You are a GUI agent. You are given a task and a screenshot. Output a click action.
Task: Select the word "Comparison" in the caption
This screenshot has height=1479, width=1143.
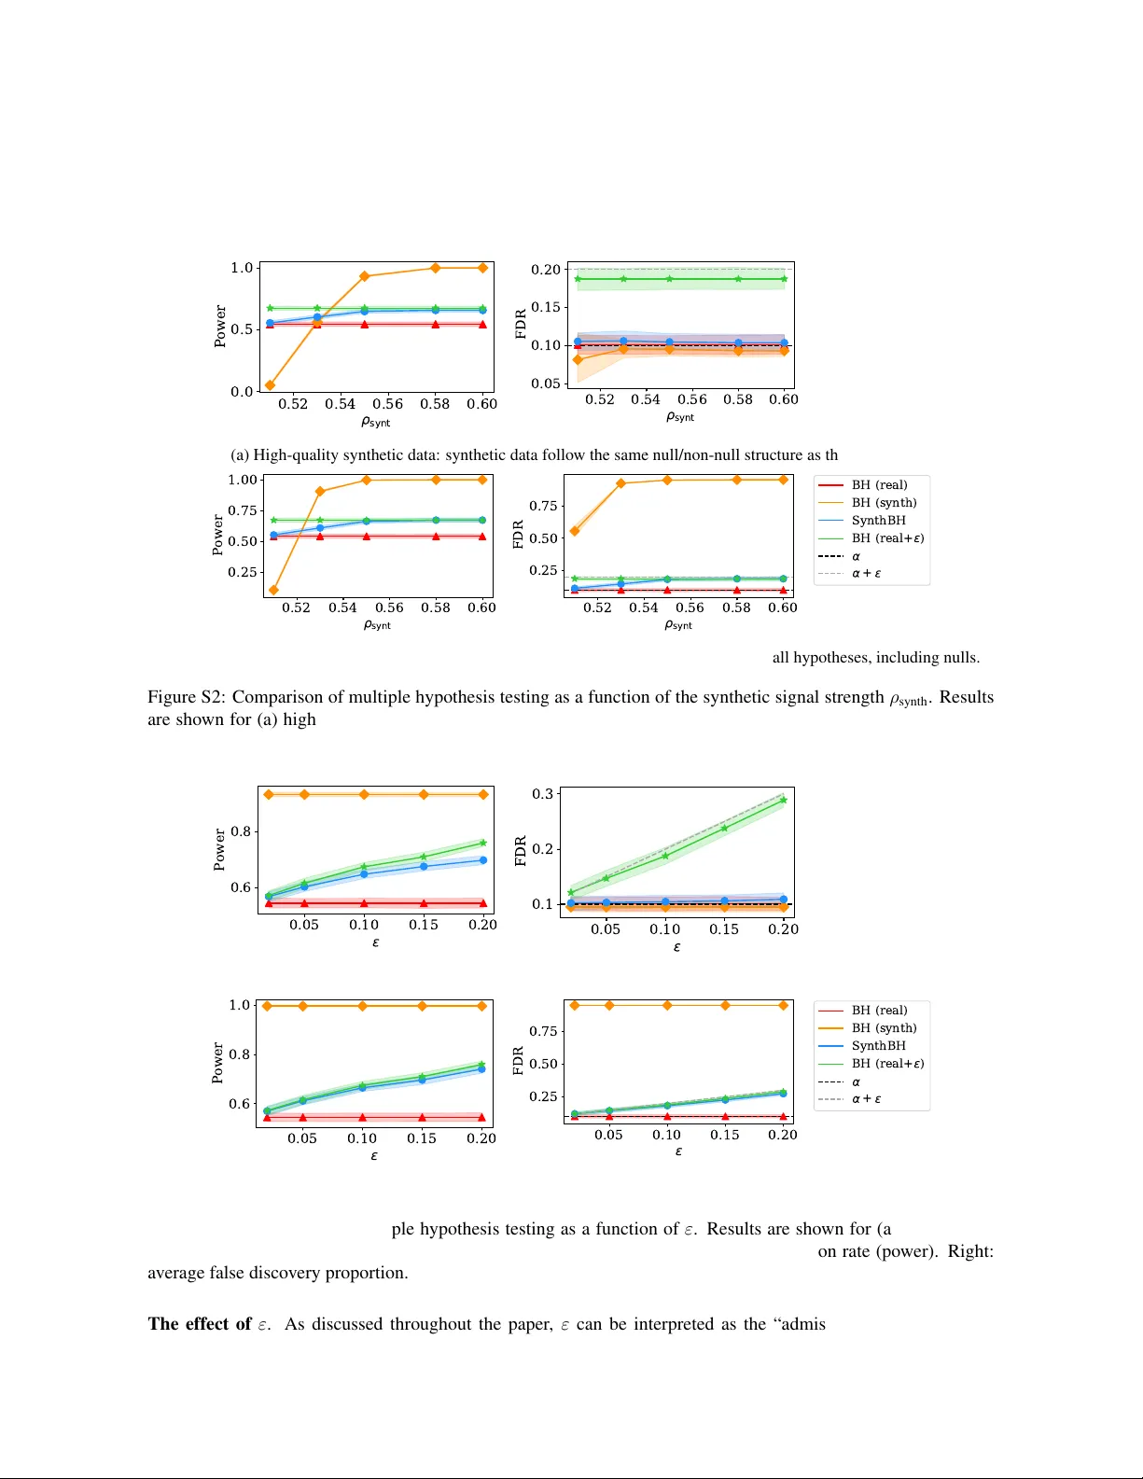[x=274, y=698]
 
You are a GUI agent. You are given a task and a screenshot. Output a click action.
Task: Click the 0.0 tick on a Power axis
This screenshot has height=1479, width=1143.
[x=242, y=392]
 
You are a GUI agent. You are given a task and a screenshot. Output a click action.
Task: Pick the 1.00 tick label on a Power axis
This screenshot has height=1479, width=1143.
[x=243, y=480]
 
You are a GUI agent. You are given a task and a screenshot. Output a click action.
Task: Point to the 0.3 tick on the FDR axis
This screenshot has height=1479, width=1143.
[x=542, y=794]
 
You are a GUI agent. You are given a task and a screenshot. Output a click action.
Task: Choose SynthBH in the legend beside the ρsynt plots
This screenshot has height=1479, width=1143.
[x=878, y=521]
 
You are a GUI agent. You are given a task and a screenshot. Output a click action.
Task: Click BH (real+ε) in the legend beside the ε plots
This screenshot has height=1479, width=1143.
[x=887, y=1064]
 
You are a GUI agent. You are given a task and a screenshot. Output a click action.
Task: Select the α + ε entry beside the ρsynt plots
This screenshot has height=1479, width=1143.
[x=866, y=574]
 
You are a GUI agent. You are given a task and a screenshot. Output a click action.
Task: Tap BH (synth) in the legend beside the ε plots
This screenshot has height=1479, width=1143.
[x=884, y=1028]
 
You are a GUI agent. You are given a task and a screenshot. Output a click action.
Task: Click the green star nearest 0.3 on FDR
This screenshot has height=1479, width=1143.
[x=783, y=800]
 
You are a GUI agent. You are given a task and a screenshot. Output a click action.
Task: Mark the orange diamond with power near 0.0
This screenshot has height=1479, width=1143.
[x=270, y=385]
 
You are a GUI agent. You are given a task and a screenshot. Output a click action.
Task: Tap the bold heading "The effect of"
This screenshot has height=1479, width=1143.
[x=200, y=1325]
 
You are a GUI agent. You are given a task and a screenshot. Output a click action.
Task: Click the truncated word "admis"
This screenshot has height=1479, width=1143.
[x=801, y=1325]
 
